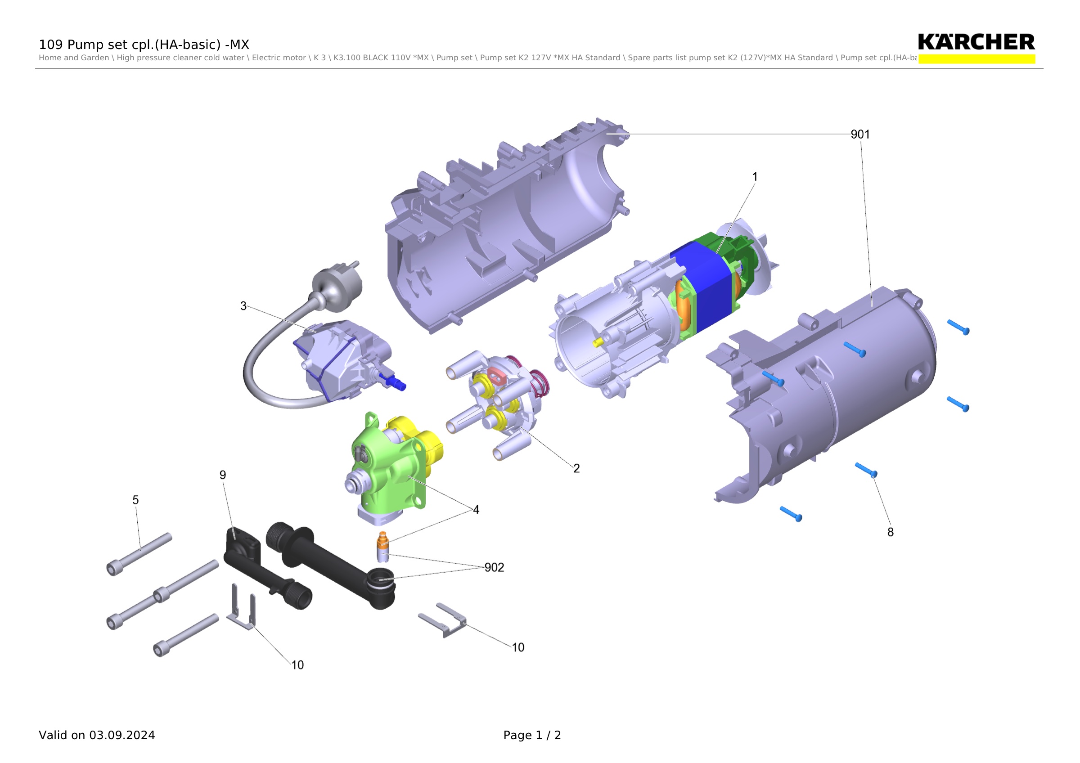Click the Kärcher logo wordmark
click(976, 42)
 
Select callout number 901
click(860, 135)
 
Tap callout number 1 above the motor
click(755, 177)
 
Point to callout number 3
click(243, 306)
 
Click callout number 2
click(576, 468)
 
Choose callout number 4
click(476, 510)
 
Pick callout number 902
click(495, 567)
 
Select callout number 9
click(223, 475)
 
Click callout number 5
click(135, 500)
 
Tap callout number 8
click(891, 532)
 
